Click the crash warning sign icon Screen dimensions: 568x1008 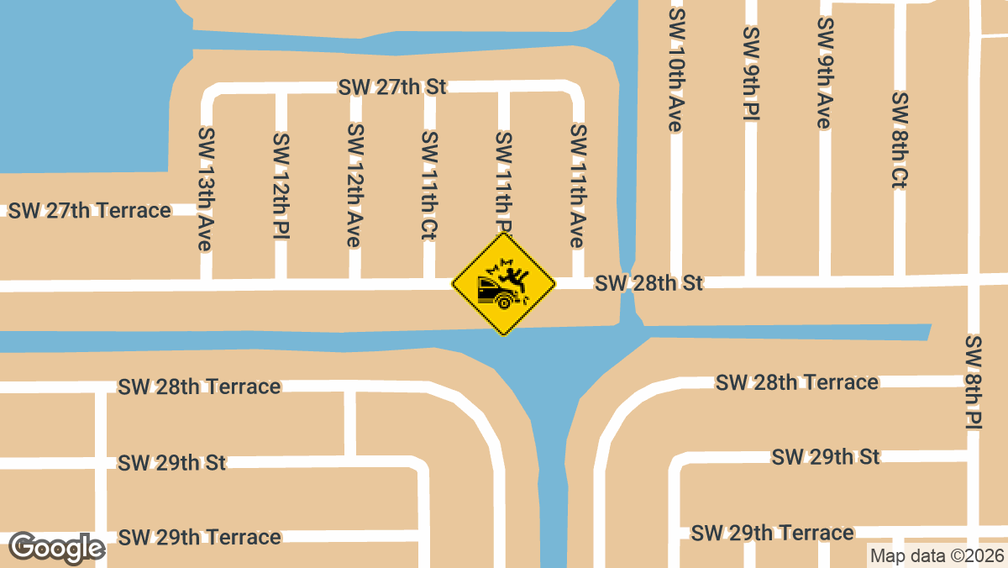tap(504, 285)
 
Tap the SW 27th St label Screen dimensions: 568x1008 tap(392, 87)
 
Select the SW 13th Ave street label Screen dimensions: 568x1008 tap(204, 188)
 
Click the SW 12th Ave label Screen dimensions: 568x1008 tap(355, 185)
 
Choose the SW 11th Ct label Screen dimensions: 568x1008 tap(429, 185)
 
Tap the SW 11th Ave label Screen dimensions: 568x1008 tap(577, 185)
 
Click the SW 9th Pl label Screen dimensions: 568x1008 tap(750, 73)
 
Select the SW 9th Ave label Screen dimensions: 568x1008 tap(823, 73)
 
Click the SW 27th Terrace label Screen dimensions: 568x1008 tap(90, 210)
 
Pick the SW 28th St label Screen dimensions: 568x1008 tap(648, 283)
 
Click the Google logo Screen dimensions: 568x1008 tap(56, 548)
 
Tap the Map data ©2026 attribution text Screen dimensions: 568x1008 tap(937, 555)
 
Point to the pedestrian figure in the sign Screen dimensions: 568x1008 tap(513, 274)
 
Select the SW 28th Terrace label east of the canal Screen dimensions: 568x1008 tap(797, 383)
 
